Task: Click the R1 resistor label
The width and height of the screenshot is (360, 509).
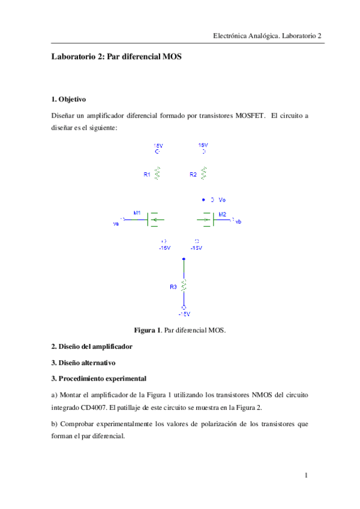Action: click(147, 175)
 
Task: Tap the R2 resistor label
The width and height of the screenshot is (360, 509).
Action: click(193, 175)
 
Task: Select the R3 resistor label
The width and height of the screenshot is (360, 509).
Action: click(173, 288)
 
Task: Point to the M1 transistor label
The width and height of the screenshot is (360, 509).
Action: click(137, 213)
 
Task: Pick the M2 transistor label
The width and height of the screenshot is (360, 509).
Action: click(222, 214)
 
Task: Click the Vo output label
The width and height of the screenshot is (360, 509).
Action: click(222, 199)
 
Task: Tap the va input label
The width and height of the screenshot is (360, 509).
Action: click(115, 223)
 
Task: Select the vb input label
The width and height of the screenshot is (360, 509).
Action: click(238, 222)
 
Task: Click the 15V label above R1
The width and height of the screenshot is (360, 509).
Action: click(157, 145)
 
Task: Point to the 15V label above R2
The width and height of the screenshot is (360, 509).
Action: click(203, 145)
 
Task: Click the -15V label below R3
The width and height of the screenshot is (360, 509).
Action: click(184, 314)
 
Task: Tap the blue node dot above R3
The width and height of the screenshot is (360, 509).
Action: click(184, 259)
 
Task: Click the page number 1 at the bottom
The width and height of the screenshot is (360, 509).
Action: click(306, 476)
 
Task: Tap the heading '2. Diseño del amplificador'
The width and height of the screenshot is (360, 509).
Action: click(92, 347)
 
